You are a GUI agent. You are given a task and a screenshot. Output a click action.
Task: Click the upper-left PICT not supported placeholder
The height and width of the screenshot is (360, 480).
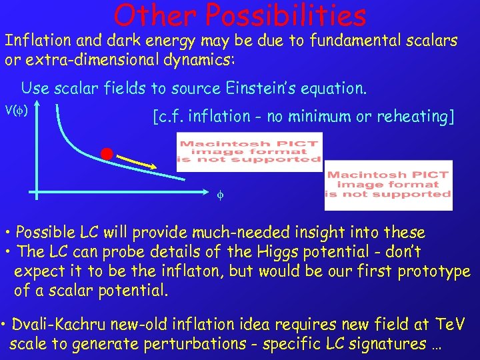249,152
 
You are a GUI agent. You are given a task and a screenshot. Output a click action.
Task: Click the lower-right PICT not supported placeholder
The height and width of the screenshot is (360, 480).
388,185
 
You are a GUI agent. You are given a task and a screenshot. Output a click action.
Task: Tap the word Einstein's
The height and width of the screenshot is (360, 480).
256,88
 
